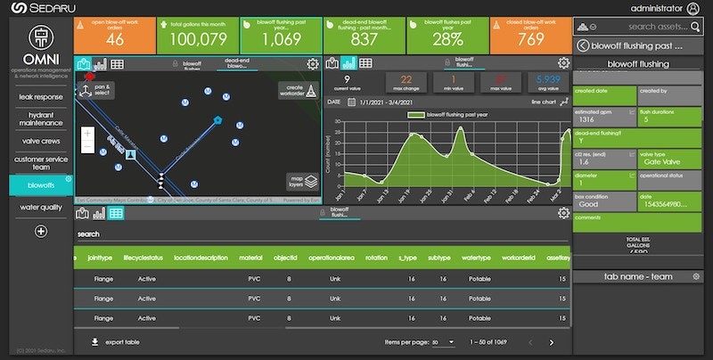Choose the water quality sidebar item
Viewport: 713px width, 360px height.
click(x=40, y=208)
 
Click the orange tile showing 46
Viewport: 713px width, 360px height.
click(x=115, y=33)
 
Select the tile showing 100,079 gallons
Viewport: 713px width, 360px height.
click(x=197, y=33)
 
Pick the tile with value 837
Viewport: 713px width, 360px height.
click(x=365, y=33)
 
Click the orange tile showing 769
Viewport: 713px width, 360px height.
click(x=529, y=33)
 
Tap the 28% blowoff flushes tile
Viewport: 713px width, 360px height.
click(x=447, y=33)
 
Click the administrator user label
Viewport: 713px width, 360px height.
click(x=657, y=7)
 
